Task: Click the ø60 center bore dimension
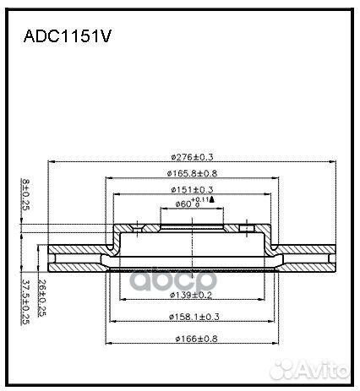[x=184, y=204]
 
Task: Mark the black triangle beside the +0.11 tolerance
[x=211, y=199]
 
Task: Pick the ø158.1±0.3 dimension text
[x=194, y=317]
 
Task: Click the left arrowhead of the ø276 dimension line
[x=52, y=162]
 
